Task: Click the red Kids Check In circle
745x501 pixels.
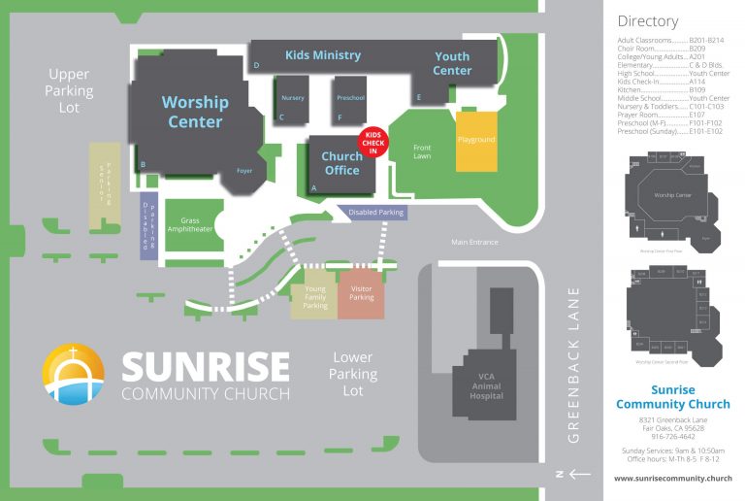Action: coord(374,142)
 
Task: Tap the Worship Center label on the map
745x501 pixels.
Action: coord(195,112)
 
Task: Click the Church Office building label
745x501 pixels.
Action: coord(341,163)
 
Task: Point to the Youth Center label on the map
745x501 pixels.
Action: coord(452,64)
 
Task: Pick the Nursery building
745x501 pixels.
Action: coord(292,99)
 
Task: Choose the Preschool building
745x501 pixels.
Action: coord(350,99)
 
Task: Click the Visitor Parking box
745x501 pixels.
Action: coord(361,294)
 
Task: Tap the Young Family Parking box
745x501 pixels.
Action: coord(314,296)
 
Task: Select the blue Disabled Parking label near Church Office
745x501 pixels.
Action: coord(376,213)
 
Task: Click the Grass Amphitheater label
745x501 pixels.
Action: coord(189,225)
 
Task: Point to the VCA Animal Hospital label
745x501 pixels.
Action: coord(486,388)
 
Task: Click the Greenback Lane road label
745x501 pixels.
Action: coord(573,364)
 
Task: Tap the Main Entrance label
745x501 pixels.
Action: coord(474,242)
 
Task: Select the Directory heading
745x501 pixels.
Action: coord(647,20)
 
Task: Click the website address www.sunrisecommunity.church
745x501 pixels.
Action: coord(672,479)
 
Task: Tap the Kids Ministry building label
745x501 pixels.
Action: coord(322,55)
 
